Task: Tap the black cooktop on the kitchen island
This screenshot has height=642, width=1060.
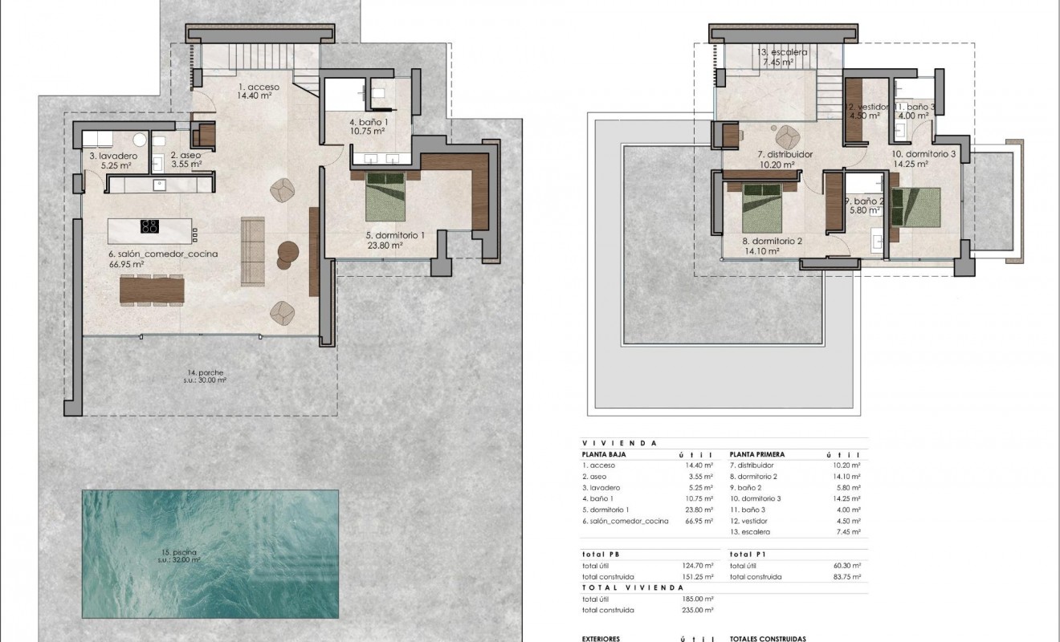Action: pyautogui.click(x=149, y=226)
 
